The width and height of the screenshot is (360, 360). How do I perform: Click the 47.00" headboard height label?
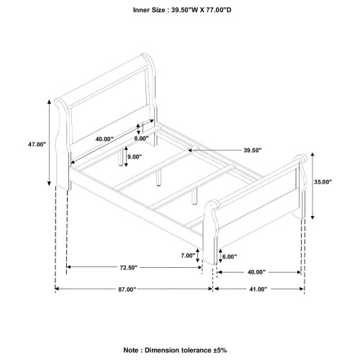pyautogui.click(x=37, y=144)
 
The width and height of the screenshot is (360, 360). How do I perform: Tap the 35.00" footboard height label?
pyautogui.click(x=323, y=182)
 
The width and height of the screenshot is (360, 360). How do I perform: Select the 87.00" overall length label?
pyautogui.click(x=127, y=289)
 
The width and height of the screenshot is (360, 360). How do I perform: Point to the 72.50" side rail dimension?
pyautogui.click(x=129, y=267)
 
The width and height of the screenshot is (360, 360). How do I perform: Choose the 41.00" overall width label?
pyautogui.click(x=258, y=289)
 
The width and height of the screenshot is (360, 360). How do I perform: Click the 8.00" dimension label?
pyautogui.click(x=141, y=138)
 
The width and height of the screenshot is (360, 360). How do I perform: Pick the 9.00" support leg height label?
pyautogui.click(x=135, y=157)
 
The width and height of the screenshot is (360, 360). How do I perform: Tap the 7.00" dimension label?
pyautogui.click(x=188, y=256)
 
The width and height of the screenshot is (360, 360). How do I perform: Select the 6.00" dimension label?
pyautogui.click(x=230, y=257)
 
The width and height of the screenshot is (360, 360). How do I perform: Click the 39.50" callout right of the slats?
pyautogui.click(x=253, y=150)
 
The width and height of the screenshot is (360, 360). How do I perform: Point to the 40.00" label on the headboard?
pyautogui.click(x=104, y=139)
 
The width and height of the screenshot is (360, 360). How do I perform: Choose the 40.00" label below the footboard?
pyautogui.click(x=257, y=272)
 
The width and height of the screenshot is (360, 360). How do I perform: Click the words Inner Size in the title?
pyautogui.click(x=149, y=10)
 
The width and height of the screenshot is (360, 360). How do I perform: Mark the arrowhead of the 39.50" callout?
pyautogui.click(x=189, y=150)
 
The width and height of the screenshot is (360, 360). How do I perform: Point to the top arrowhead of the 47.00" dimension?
pyautogui.click(x=49, y=102)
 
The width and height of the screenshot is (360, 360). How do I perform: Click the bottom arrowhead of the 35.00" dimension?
pyautogui.click(x=312, y=217)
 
